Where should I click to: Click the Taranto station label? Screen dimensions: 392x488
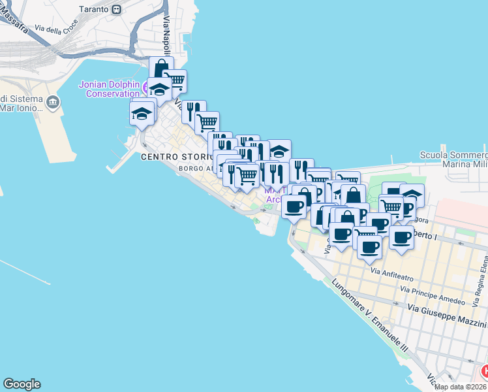[93, 9]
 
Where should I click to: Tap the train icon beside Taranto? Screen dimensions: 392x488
[116, 9]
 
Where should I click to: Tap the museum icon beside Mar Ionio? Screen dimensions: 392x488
[53, 102]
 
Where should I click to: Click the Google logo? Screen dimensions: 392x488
[22, 384]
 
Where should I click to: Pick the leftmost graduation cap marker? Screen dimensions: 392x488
[142, 113]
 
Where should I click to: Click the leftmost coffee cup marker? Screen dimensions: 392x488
[294, 206]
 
